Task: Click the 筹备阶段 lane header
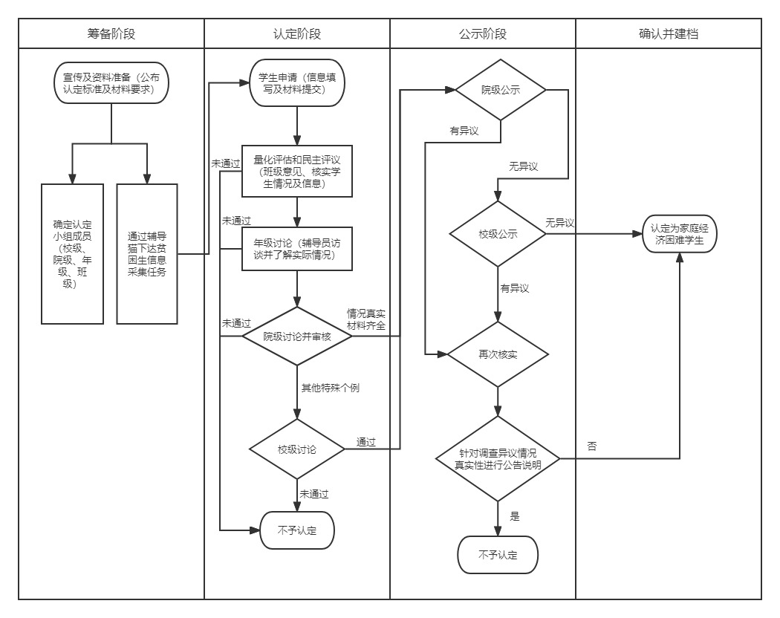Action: pyautogui.click(x=111, y=33)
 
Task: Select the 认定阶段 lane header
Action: pyautogui.click(x=297, y=33)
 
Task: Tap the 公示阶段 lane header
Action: pyautogui.click(x=483, y=33)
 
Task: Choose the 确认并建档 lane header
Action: pyautogui.click(x=669, y=33)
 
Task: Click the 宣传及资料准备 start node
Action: pyautogui.click(x=111, y=82)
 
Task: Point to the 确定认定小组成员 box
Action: pyautogui.click(x=73, y=253)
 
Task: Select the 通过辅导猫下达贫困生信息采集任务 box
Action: pyautogui.click(x=147, y=253)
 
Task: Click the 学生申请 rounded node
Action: pyautogui.click(x=297, y=84)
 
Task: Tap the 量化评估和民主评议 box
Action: pyautogui.click(x=297, y=171)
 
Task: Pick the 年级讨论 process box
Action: pyautogui.click(x=297, y=249)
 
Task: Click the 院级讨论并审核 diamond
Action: pyautogui.click(x=297, y=336)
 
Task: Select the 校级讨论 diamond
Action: pyautogui.click(x=297, y=449)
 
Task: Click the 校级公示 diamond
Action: pyautogui.click(x=498, y=233)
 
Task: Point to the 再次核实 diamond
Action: pyautogui.click(x=498, y=354)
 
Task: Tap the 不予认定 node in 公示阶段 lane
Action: pyautogui.click(x=498, y=554)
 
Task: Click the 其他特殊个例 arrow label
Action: pyautogui.click(x=330, y=388)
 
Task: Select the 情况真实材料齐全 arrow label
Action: pyautogui.click(x=366, y=320)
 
